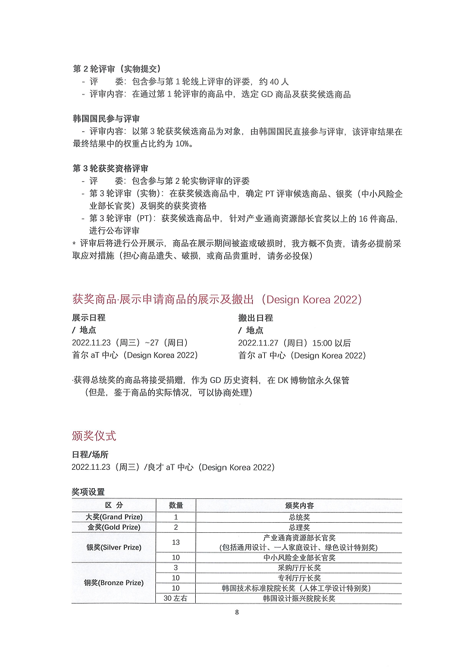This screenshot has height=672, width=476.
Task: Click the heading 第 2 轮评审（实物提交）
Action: [117, 69]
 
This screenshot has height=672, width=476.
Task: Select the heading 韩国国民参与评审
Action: [107, 119]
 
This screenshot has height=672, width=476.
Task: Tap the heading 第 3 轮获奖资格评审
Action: [111, 168]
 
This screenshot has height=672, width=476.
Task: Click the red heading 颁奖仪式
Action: [94, 435]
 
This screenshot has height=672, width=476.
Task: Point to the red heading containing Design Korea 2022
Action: [217, 299]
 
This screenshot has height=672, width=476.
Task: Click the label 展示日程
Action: [89, 318]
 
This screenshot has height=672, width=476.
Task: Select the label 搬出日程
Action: [255, 318]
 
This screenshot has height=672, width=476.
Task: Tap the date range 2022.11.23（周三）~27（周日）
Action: [130, 343]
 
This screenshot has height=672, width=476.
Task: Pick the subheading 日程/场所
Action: [90, 454]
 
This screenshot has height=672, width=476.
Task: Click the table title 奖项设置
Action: [88, 492]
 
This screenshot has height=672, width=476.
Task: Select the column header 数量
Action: [176, 505]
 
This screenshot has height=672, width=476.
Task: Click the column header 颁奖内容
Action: [299, 505]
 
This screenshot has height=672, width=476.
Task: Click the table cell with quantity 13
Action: [176, 542]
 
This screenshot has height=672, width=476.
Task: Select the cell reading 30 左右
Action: [176, 598]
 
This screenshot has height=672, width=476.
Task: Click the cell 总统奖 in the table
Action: [299, 517]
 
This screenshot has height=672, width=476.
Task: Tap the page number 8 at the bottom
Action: [237, 613]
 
